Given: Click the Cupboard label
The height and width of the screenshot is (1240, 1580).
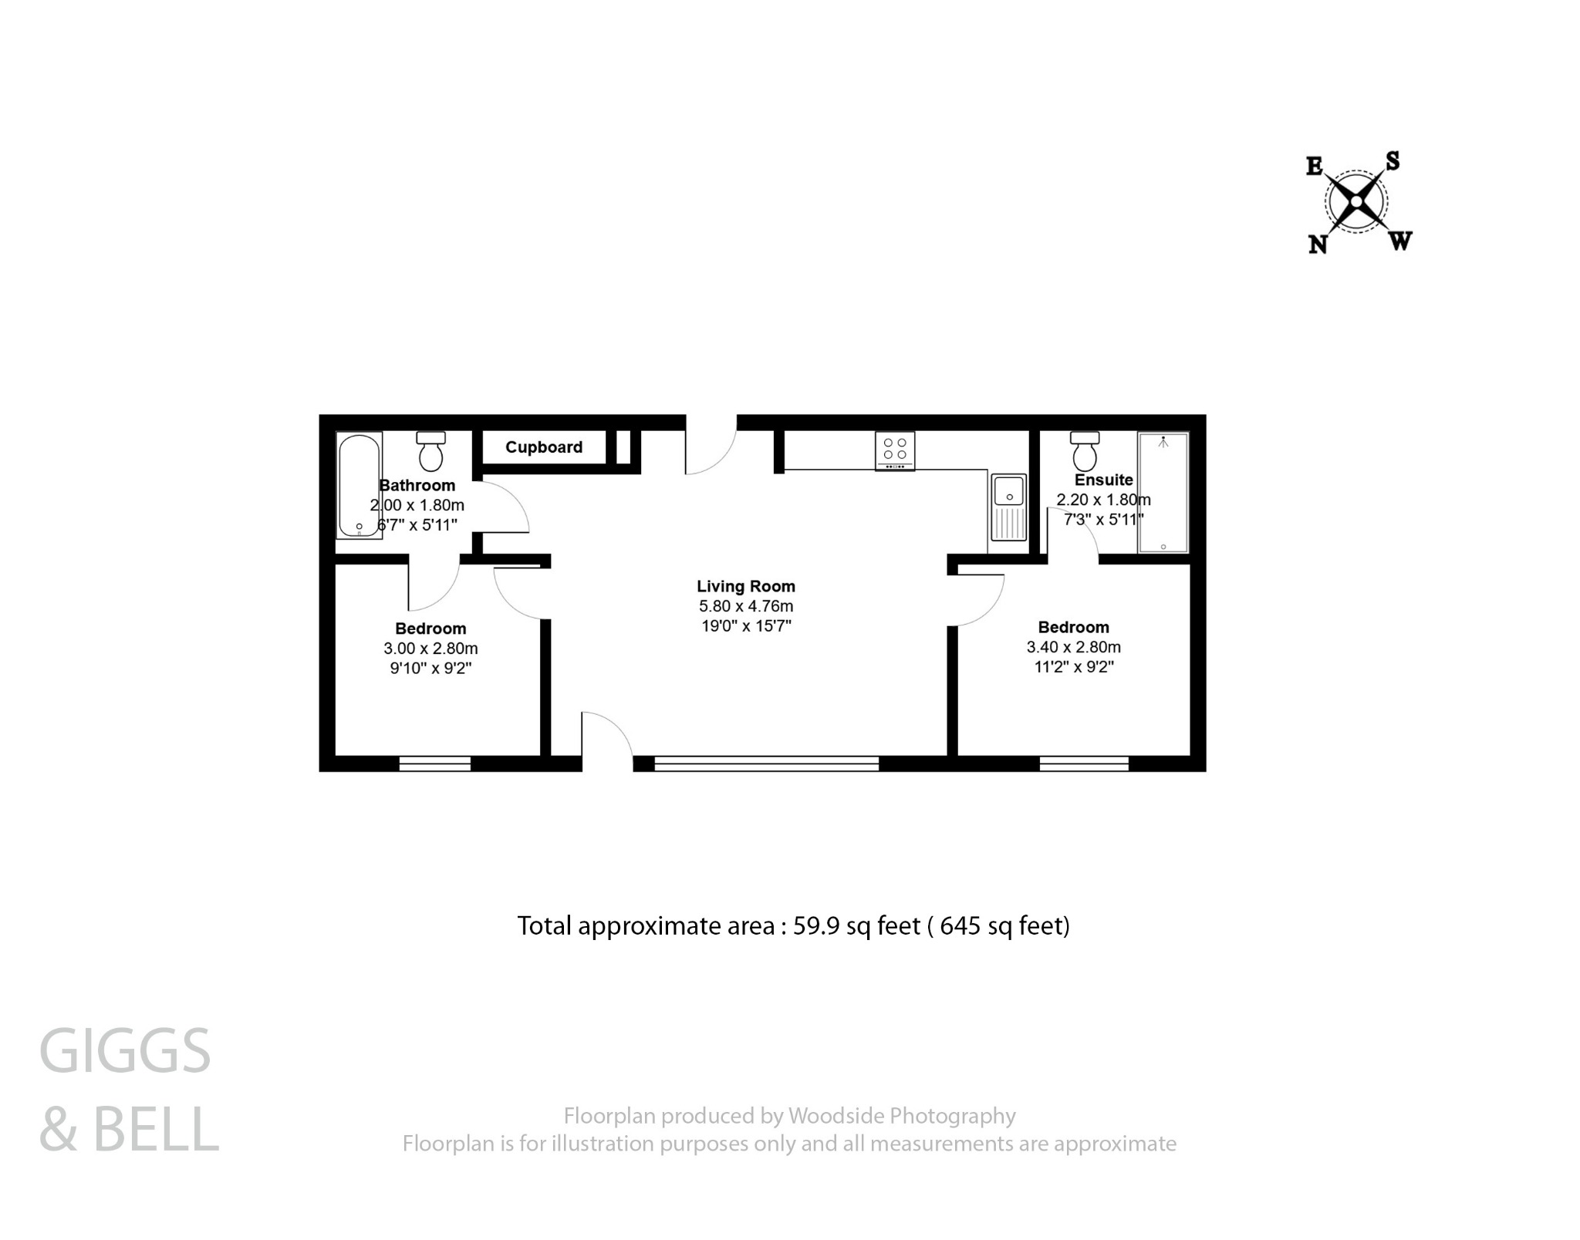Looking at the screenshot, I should (544, 447).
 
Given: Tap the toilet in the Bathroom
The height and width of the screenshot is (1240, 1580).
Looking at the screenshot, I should (430, 452).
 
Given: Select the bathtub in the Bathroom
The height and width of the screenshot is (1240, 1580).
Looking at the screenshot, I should (360, 484).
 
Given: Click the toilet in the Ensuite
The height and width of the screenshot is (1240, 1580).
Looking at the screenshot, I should (1085, 452).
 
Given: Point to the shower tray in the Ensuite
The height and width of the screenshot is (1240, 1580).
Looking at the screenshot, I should (1163, 492).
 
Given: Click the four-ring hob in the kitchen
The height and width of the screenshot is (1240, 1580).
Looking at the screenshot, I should (895, 450).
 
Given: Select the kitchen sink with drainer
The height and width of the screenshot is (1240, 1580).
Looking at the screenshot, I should (1008, 507).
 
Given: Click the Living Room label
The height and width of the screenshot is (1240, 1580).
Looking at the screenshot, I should (745, 587).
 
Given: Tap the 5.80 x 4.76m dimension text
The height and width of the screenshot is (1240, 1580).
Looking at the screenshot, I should (745, 606).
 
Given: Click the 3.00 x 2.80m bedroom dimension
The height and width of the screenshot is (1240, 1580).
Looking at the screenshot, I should (430, 649).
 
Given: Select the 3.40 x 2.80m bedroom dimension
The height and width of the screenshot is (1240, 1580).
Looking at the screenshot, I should (1073, 647).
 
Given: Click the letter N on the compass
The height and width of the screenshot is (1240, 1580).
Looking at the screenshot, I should (1318, 244).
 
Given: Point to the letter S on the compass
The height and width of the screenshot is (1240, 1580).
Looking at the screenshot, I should (1393, 160).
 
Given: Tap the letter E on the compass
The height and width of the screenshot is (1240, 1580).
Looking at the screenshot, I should (1315, 166).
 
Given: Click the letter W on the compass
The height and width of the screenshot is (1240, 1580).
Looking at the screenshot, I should (1400, 241).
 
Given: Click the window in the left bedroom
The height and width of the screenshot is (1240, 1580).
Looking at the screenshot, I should (434, 763).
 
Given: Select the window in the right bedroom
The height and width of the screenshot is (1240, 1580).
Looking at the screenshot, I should (1084, 763).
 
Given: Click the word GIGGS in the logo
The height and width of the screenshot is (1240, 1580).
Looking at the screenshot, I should (125, 1051).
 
